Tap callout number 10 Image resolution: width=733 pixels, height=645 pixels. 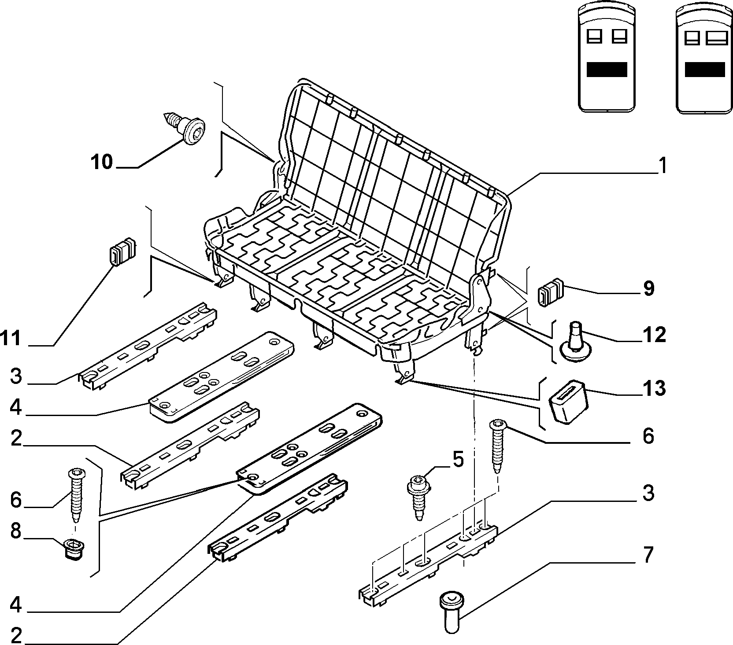pyautogui.click(x=102, y=162)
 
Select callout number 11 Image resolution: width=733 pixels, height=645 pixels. pyautogui.click(x=11, y=339)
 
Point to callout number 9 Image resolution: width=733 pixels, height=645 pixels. pyautogui.click(x=648, y=288)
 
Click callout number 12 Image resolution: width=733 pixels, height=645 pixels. pyautogui.click(x=654, y=335)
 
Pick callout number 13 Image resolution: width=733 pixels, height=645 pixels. pyautogui.click(x=654, y=388)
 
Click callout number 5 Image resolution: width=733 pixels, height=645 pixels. pyautogui.click(x=458, y=460)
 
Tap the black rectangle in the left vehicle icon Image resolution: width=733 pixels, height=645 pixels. pyautogui.click(x=607, y=70)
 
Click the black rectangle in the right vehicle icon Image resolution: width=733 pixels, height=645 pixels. pyautogui.click(x=705, y=70)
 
